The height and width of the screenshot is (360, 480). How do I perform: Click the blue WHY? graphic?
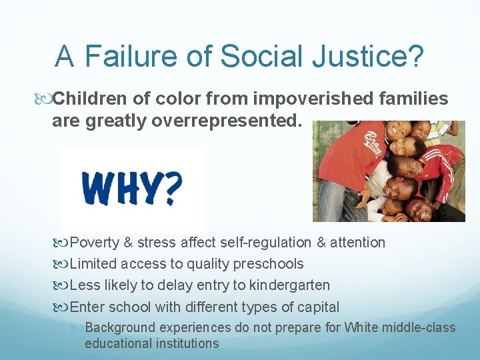pyautogui.click(x=131, y=189)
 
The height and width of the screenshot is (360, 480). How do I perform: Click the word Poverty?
pyautogui.click(x=94, y=243)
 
